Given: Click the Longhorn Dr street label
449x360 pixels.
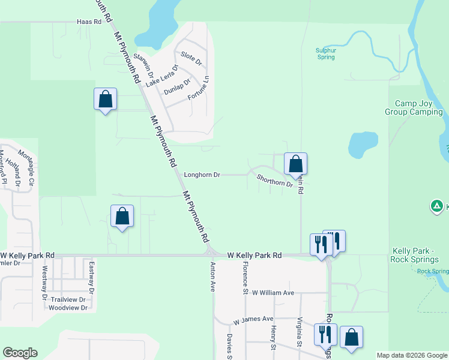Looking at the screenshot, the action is coord(202,175).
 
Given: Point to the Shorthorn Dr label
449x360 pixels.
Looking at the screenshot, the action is coord(274,181).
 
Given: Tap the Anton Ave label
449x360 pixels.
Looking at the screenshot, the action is coord(212,276).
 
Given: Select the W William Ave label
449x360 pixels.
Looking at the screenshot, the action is coord(273,293).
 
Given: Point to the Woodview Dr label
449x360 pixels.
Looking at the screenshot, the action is coord(68,308).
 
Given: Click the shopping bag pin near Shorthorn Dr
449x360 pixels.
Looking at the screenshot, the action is coord(295,163).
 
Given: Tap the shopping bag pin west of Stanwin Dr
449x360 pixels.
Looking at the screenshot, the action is coord(105,99).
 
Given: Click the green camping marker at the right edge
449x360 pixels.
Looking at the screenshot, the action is coord(437,207).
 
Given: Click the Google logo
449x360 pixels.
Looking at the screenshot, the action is coord(20,353).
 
